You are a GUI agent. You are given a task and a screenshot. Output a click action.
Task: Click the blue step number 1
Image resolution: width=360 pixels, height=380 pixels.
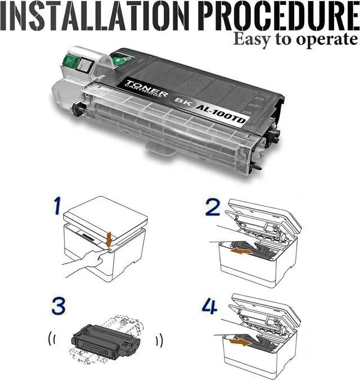[x=57, y=206]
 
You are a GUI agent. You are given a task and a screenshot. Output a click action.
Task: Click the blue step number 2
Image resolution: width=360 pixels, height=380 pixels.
[x=213, y=207]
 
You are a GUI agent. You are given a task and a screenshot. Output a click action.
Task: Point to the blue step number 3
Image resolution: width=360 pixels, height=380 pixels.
[x=58, y=306]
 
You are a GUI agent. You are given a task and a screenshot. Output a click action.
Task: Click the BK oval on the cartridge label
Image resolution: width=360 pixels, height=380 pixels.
[x=182, y=100]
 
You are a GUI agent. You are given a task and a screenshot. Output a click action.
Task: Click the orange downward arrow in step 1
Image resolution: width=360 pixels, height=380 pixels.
[x=110, y=239]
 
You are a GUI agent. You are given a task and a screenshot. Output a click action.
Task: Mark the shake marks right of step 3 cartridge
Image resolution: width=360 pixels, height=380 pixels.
[x=159, y=340]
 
